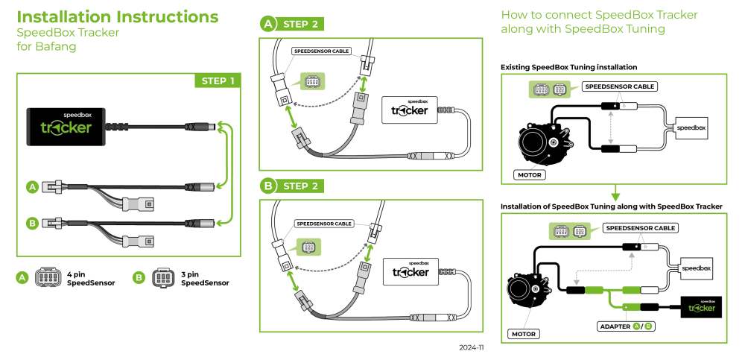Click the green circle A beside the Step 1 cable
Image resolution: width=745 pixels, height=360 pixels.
click(32, 187)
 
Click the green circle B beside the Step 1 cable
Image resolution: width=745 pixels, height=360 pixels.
click(32, 222)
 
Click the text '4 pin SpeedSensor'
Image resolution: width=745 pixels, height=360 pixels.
click(91, 279)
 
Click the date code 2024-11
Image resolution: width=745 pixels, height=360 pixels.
click(472, 347)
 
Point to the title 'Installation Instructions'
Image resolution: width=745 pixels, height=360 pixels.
click(117, 16)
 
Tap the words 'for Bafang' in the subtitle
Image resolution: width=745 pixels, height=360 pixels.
click(46, 46)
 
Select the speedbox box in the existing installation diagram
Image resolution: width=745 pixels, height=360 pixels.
click(691, 128)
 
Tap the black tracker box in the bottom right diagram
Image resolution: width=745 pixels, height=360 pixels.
click(700, 306)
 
